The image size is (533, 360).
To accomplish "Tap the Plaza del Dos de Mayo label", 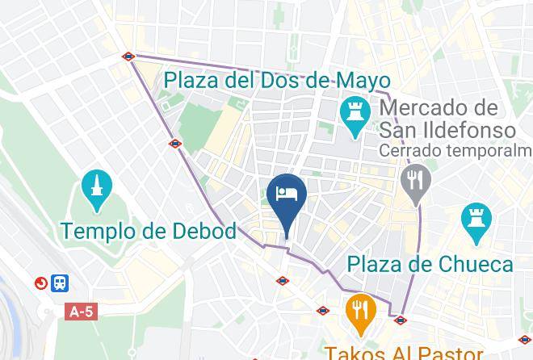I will pyautogui.click(x=277, y=81).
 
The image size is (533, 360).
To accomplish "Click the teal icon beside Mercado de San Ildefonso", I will pyautogui.click(x=354, y=117).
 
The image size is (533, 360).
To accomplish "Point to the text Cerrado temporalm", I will pyautogui.click(x=456, y=151).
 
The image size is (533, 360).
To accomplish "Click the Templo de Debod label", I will pyautogui.click(x=149, y=231).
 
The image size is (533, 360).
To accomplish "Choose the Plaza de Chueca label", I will pyautogui.click(x=430, y=264).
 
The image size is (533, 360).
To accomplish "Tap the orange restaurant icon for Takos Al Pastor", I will pyautogui.click(x=359, y=312).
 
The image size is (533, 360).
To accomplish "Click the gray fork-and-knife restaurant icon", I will pyautogui.click(x=417, y=179).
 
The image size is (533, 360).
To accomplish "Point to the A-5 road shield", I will pyautogui.click(x=82, y=311).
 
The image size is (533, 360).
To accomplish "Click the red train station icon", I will pyautogui.click(x=40, y=283).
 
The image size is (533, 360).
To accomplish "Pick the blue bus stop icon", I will pyautogui.click(x=60, y=283).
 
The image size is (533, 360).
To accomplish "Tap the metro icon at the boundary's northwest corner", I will pyautogui.click(x=129, y=57).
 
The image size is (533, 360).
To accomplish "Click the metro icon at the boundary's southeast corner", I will pyautogui.click(x=400, y=320).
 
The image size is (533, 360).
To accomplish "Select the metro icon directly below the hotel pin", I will pyautogui.click(x=283, y=281).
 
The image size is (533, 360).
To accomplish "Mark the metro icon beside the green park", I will pyautogui.click(x=175, y=144).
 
